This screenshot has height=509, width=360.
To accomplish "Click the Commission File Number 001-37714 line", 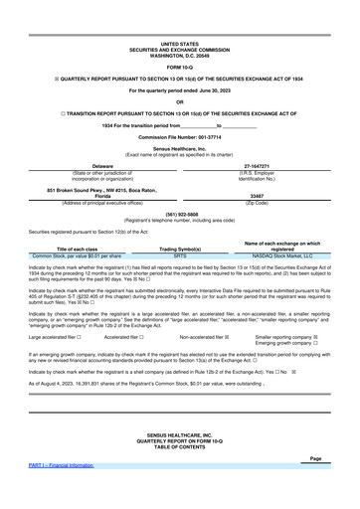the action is (x=179, y=135).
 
